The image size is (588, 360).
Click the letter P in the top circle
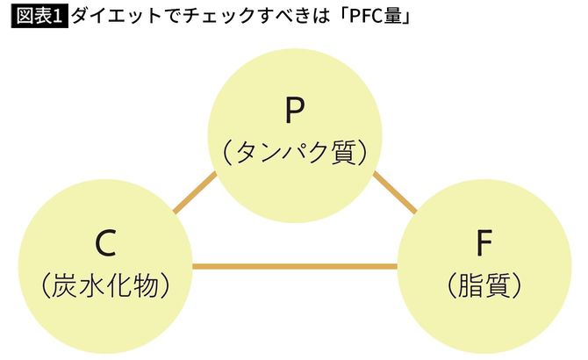[294, 112]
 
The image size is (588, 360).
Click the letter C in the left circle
[104, 244]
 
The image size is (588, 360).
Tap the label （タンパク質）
[294, 152]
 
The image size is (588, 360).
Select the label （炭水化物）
[104, 284]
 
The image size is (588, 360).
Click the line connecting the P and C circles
[195, 191]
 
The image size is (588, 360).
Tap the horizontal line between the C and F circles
[294, 264]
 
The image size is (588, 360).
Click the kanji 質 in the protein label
[342, 152]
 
